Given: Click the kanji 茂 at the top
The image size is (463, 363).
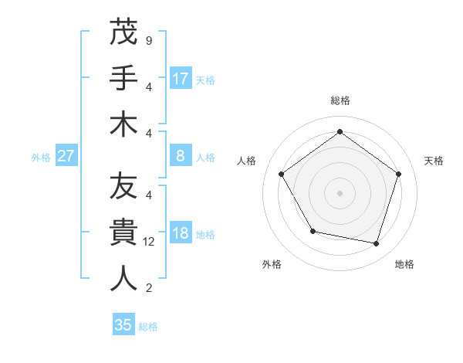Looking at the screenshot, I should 123,32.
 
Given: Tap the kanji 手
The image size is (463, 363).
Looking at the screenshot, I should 123,78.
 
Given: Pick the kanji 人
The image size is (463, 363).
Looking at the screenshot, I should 123,279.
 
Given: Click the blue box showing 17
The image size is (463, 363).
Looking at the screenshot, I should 181,78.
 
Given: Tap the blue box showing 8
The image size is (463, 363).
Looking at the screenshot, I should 181,156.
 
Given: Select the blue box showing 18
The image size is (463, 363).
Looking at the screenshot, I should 181,233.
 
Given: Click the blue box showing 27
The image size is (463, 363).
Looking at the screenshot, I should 66,156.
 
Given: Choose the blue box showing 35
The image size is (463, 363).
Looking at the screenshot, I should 123,325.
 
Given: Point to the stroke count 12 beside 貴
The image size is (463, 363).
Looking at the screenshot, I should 149,242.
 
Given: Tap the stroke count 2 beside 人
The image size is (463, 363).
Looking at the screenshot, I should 149,288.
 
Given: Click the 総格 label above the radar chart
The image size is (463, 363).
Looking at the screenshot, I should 340,100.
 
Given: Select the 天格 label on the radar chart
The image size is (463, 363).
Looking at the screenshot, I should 434,161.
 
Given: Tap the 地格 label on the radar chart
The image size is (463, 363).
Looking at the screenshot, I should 404,264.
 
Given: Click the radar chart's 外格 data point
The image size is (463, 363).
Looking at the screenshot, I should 312,231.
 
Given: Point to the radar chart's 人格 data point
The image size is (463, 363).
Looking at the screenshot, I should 282,174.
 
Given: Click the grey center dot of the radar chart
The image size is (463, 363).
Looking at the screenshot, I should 340,192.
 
